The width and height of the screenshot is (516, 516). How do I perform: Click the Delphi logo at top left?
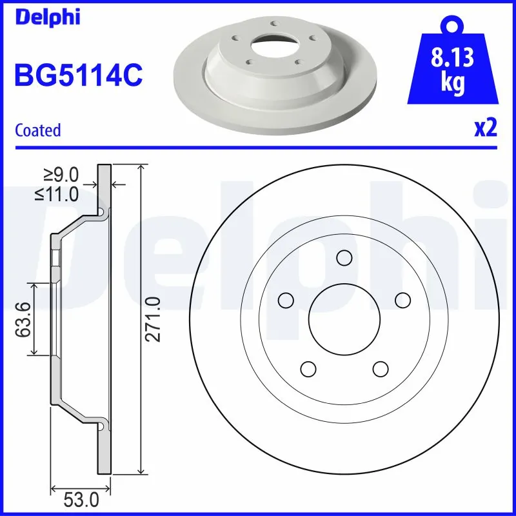click(47, 17)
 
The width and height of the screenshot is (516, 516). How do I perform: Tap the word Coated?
click(37, 130)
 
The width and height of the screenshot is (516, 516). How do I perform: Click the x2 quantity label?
click(485, 129)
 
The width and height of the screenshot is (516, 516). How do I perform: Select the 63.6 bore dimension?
click(23, 319)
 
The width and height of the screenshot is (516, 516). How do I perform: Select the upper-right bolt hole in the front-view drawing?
click(402, 300)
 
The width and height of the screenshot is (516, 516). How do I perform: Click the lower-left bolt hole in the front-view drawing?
click(308, 369)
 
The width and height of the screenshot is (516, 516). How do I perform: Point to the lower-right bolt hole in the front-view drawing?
click(381, 369)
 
